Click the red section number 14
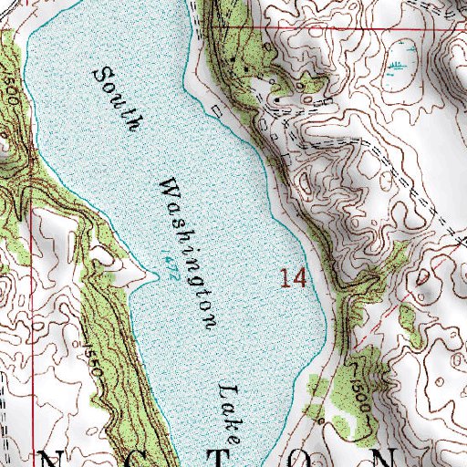[293, 277]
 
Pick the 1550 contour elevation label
[91, 352]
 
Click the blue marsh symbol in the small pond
[399, 66]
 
